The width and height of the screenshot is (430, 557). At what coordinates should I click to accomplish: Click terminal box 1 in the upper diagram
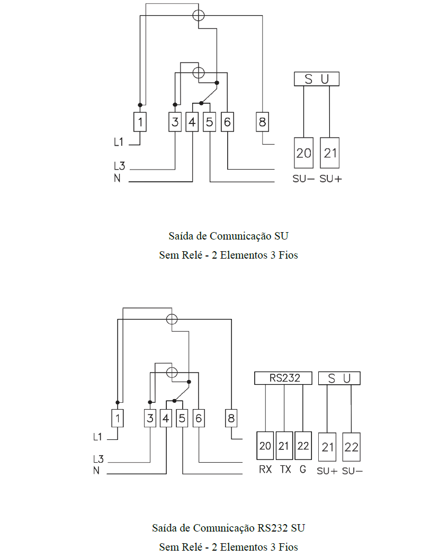click(x=140, y=122)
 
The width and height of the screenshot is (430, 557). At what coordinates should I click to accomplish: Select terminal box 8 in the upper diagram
click(x=262, y=122)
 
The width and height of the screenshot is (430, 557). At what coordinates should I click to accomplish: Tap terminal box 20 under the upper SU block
click(x=303, y=153)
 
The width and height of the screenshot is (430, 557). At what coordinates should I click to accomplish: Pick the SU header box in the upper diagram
click(x=316, y=79)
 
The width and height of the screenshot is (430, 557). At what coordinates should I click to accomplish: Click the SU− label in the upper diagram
click(x=303, y=179)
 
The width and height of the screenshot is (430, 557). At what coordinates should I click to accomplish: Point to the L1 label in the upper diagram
click(x=119, y=142)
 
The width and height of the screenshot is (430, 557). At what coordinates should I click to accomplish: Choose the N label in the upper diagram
click(x=117, y=178)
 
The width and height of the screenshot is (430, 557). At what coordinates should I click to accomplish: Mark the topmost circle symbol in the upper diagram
click(x=199, y=15)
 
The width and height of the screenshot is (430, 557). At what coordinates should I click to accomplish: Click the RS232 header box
click(x=283, y=378)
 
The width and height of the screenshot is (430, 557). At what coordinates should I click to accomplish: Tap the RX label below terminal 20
click(x=265, y=469)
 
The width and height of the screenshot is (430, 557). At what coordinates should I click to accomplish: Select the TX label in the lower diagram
click(x=285, y=469)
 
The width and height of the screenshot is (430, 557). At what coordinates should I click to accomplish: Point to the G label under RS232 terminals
click(x=302, y=469)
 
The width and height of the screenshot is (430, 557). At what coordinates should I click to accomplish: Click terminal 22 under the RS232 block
click(x=303, y=446)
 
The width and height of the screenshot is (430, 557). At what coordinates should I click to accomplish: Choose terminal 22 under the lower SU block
click(x=351, y=447)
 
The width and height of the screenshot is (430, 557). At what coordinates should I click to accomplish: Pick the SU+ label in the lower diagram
click(x=327, y=471)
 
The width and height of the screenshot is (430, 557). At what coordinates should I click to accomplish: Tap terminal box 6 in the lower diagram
click(x=199, y=418)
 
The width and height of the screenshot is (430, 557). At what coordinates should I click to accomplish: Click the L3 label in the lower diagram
click(x=98, y=459)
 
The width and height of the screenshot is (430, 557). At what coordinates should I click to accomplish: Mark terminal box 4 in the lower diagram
click(x=166, y=418)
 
